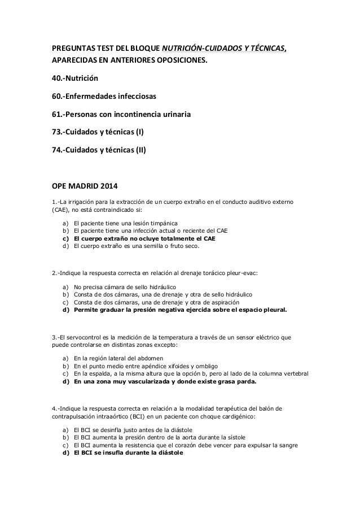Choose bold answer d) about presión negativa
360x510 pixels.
click(180, 310)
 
